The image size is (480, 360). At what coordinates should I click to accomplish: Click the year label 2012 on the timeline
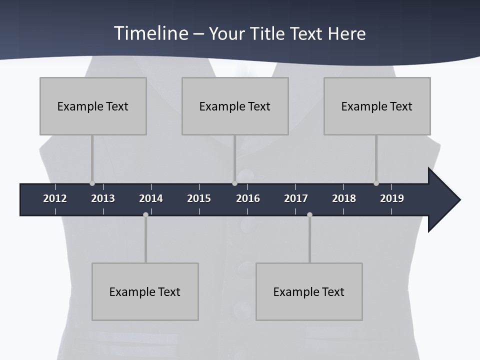(x=55, y=198)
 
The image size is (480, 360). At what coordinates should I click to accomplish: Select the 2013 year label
(x=103, y=198)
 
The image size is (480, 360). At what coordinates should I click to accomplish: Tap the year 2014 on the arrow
(x=151, y=198)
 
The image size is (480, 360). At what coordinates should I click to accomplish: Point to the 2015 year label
(x=199, y=198)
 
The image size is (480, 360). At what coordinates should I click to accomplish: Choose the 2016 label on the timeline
(x=248, y=198)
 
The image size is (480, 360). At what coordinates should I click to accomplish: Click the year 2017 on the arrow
(x=296, y=198)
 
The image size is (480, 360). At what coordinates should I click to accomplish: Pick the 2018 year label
(x=344, y=198)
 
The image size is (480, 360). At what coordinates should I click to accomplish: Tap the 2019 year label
(x=392, y=198)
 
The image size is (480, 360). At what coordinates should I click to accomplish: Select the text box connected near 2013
(x=93, y=106)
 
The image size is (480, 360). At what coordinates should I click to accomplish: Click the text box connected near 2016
(x=235, y=106)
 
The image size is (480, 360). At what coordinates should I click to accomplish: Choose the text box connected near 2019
(x=377, y=106)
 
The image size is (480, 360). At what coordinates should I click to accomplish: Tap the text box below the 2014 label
(x=145, y=291)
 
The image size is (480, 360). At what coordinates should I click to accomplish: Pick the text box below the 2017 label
(x=309, y=291)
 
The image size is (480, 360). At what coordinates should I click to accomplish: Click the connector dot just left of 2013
(x=92, y=183)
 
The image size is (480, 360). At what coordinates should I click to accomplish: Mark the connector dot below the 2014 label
(x=145, y=214)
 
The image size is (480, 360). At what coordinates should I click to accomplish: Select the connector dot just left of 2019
(x=376, y=183)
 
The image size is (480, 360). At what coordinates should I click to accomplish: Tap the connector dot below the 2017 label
(x=309, y=214)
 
